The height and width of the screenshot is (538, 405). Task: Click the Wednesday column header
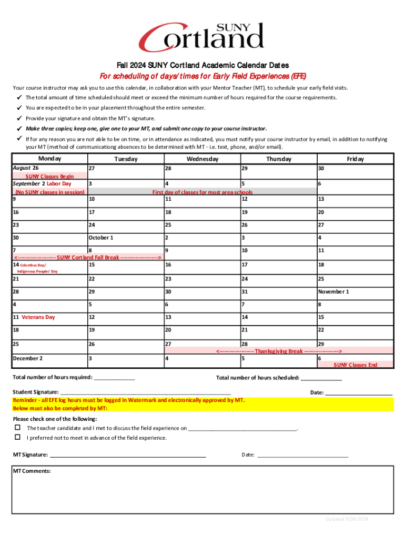tap(202, 159)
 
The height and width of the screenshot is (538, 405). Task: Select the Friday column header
tap(355, 159)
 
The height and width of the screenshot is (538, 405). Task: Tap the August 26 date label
tap(26, 168)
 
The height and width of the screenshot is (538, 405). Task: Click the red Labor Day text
tap(59, 184)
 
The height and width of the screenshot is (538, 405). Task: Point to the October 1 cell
tap(100, 237)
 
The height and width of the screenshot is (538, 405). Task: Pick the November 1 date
tap(333, 292)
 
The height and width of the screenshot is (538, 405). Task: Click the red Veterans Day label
tap(38, 317)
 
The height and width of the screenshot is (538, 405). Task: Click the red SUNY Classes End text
tap(355, 365)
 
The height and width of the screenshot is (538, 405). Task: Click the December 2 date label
tap(28, 358)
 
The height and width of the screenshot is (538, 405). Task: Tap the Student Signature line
tap(146, 392)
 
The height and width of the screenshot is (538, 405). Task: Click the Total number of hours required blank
tap(114, 378)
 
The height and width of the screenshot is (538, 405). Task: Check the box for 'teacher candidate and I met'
tap(17, 428)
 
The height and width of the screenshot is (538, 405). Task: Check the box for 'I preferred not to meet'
tap(17, 437)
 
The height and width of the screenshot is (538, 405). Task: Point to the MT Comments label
tap(32, 471)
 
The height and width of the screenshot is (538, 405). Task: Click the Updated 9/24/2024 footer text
tap(347, 519)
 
